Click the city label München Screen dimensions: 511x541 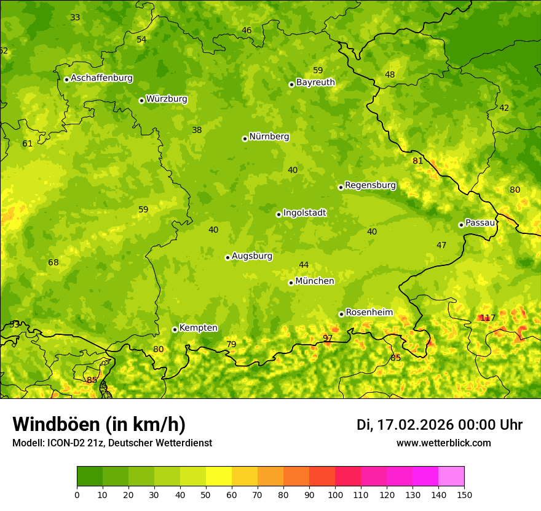coord(315,281)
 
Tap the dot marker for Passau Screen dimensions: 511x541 coord(461,225)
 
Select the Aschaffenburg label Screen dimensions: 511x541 coord(101,78)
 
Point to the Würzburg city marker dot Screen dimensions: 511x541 coord(141,100)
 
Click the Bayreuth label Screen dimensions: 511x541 coord(315,82)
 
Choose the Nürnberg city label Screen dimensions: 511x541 coord(269,137)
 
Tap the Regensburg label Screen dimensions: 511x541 coord(370,185)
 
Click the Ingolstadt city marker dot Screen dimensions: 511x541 coord(278,214)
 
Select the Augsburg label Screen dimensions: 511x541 coord(251,256)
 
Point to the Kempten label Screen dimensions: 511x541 coord(198,328)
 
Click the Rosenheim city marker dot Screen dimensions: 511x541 coord(341,314)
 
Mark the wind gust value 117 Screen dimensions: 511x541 coord(488,318)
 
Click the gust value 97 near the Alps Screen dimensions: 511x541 coord(328,338)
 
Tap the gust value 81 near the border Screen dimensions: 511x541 coord(417,161)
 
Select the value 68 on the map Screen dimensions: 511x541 coord(53,262)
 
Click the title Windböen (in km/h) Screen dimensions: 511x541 coord(99,424)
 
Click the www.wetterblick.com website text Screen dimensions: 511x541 coord(443,443)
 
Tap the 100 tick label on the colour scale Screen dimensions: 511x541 coord(335,494)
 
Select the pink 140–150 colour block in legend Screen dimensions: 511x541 coord(451,477)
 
